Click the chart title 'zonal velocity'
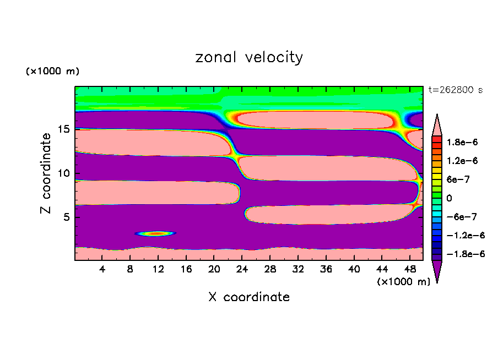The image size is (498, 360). pyautogui.click(x=249, y=57)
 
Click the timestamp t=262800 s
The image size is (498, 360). pyautogui.click(x=455, y=90)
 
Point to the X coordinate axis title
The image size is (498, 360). pyautogui.click(x=249, y=297)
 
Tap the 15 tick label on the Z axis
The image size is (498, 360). pyautogui.click(x=64, y=129)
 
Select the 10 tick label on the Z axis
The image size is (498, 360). pyautogui.click(x=64, y=173)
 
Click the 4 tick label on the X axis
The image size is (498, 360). pyautogui.click(x=102, y=269)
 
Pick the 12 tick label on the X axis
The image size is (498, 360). pyautogui.click(x=158, y=269)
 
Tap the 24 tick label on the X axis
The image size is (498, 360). pyautogui.click(x=242, y=269)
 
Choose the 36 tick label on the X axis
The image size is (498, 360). pyautogui.click(x=326, y=269)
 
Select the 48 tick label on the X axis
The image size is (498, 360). pyautogui.click(x=409, y=269)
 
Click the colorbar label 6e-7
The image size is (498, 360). pyautogui.click(x=455, y=179)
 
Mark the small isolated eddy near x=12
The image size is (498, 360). pyautogui.click(x=156, y=233)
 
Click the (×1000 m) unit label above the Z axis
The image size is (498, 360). pyautogui.click(x=52, y=72)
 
